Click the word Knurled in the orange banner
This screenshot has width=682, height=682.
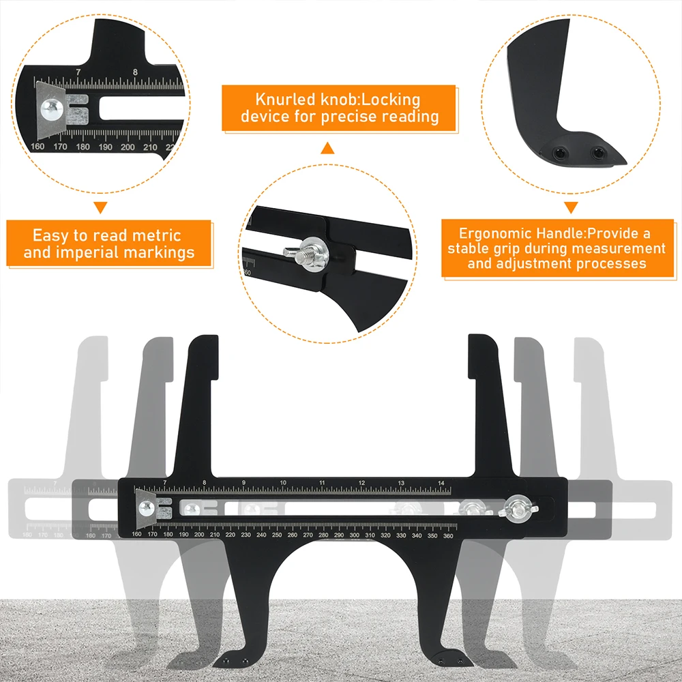[285, 100]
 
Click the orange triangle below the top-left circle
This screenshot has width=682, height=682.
[101, 207]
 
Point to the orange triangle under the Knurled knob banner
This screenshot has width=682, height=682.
[327, 148]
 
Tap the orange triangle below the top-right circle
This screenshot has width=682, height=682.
[571, 207]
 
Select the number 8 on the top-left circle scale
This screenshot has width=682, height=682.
[135, 72]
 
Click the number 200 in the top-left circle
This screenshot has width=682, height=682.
[128, 147]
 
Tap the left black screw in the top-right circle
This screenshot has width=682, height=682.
[559, 153]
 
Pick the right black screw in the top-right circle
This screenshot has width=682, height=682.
[597, 153]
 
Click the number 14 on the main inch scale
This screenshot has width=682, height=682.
[441, 483]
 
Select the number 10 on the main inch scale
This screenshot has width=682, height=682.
[283, 482]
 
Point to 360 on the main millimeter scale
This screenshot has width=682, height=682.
[448, 536]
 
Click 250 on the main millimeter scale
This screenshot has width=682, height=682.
[277, 535]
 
